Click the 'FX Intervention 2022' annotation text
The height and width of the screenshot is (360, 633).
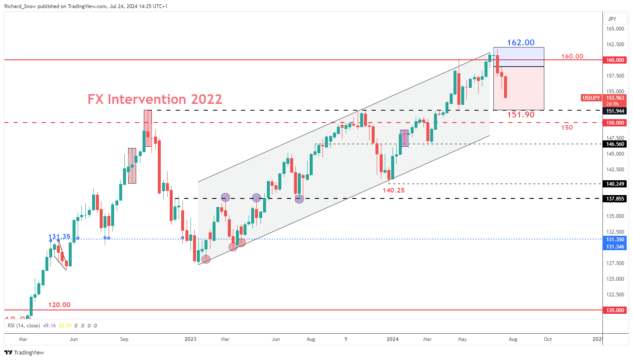click(x=155, y=99)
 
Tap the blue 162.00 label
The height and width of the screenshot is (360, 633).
click(x=521, y=42)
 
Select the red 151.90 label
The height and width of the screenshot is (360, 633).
click(x=521, y=114)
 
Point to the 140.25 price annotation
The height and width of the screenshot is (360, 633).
click(x=393, y=190)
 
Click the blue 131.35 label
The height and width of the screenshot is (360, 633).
click(x=59, y=237)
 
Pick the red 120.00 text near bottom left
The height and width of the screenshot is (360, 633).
click(x=59, y=304)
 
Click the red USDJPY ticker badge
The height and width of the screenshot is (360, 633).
click(x=591, y=98)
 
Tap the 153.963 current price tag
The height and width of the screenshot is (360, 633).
click(x=615, y=98)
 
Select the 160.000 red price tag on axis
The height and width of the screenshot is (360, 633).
click(x=615, y=60)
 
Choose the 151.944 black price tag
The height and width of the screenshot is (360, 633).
click(x=615, y=111)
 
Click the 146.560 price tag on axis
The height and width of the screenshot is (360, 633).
click(x=615, y=144)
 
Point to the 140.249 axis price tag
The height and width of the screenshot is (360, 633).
click(x=615, y=184)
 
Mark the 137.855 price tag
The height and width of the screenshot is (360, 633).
click(x=615, y=199)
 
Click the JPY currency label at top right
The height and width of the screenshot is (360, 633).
click(x=612, y=19)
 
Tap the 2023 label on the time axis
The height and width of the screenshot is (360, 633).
click(x=190, y=339)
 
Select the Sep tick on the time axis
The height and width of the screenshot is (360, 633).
click(x=124, y=339)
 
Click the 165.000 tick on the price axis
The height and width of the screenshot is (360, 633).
click(x=615, y=29)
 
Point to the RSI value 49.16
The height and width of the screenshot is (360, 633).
click(x=50, y=326)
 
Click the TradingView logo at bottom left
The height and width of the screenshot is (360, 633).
click(x=24, y=352)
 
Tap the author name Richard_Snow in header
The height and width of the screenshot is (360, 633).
click(x=20, y=6)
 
